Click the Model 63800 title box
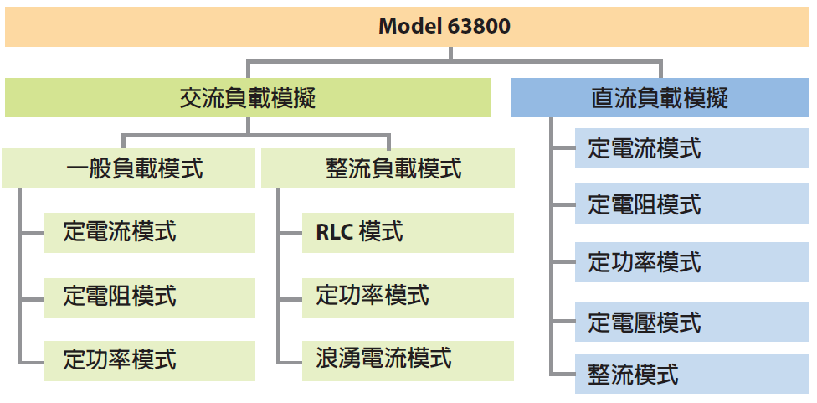[407, 27]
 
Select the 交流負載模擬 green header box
[248, 97]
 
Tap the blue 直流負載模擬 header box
[660, 97]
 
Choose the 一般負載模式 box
[128, 168]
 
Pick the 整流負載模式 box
[388, 168]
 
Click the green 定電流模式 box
[149, 233]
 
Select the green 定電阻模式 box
[149, 297]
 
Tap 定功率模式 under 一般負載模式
[149, 361]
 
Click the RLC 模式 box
[408, 233]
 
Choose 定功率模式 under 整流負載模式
[408, 297]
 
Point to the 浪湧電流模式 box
[408, 361]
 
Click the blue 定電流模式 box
[692, 148]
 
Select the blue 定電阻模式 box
[692, 204]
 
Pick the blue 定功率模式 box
[692, 262]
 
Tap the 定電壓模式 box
[692, 323]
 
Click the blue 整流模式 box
[692, 374]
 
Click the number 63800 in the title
[479, 26]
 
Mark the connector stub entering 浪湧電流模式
[290, 362]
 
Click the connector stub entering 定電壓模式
[563, 322]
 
